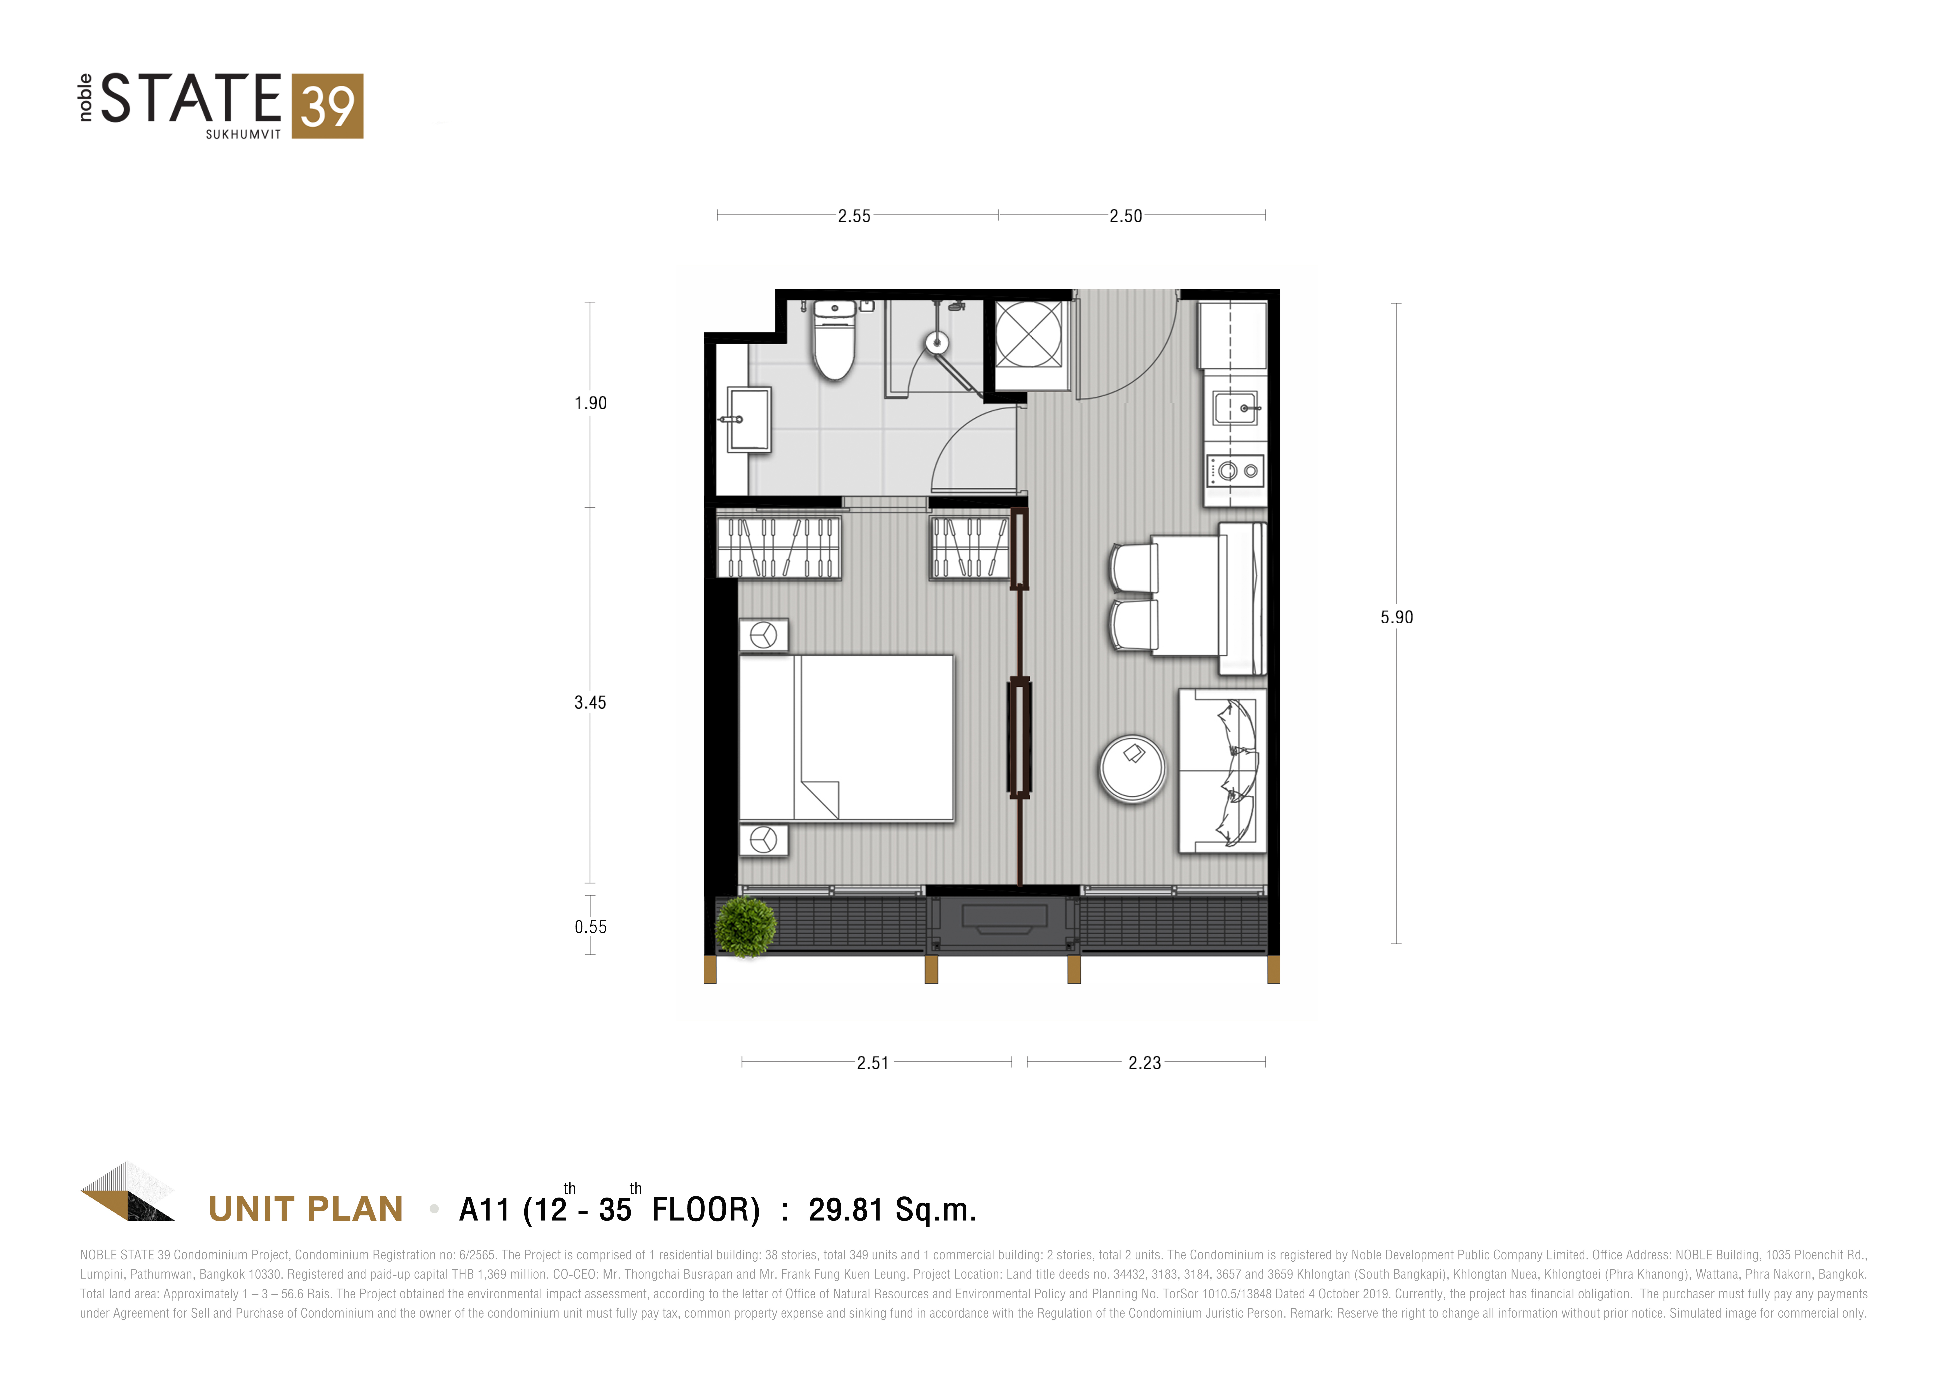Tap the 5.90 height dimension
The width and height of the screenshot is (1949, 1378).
pos(1396,617)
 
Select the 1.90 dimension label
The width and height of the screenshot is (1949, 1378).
pos(591,403)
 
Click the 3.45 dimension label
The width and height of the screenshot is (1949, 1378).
pos(590,702)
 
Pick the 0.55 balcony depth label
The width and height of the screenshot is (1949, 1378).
pos(591,927)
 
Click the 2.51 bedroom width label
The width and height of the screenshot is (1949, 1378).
pos(873,1063)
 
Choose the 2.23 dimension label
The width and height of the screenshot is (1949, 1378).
pos(1144,1063)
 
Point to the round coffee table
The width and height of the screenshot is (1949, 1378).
pos(1132,768)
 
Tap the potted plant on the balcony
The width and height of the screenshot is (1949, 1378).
pos(745,926)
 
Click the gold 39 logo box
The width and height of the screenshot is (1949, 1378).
pos(328,106)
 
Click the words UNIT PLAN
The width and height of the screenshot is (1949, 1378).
pos(306,1209)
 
